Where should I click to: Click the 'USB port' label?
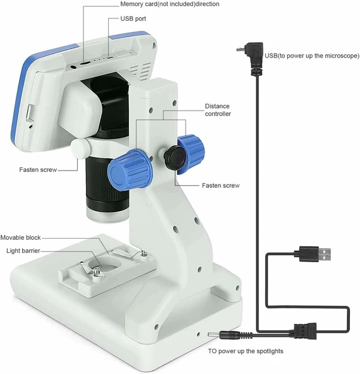(x=133, y=18)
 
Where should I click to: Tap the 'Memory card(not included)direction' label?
(x=170, y=4)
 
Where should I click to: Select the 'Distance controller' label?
(x=218, y=110)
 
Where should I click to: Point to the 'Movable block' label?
(x=20, y=238)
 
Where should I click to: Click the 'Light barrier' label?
(x=23, y=251)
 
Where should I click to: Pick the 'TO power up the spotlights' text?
(x=246, y=351)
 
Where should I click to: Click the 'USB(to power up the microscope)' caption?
(x=312, y=56)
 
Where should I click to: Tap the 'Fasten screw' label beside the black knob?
(x=220, y=186)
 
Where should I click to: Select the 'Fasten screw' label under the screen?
(x=38, y=170)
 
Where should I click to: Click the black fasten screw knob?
(x=175, y=157)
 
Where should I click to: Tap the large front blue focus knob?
(x=129, y=169)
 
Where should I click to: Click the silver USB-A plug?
(x=325, y=255)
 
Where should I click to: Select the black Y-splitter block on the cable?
(x=305, y=331)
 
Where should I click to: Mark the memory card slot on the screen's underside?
(x=85, y=63)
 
